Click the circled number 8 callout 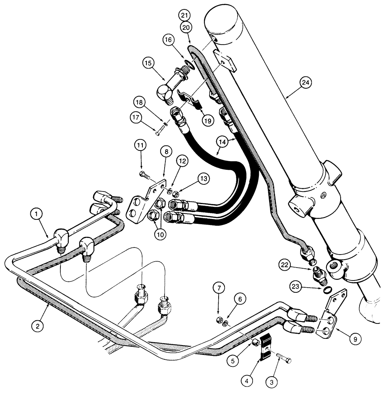click(x=166, y=151)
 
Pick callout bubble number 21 click(x=185, y=15)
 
